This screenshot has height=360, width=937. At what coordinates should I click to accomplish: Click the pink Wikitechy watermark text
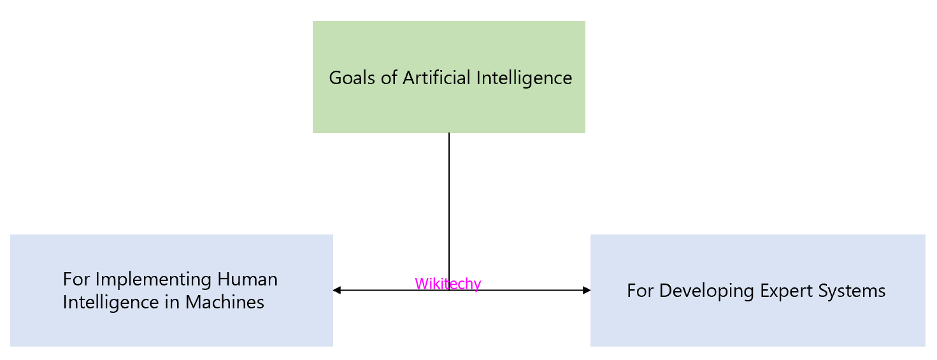(x=448, y=284)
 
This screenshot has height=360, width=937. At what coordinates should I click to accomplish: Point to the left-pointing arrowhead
(x=337, y=291)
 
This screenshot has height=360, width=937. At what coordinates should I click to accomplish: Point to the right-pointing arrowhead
(x=587, y=291)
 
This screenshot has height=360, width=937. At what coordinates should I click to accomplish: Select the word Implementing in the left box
(x=154, y=280)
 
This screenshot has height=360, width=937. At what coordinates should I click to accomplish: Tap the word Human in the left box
(x=247, y=280)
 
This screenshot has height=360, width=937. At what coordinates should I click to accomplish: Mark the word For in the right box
(x=640, y=291)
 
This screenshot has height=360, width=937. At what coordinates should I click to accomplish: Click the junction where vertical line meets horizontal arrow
(x=449, y=291)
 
